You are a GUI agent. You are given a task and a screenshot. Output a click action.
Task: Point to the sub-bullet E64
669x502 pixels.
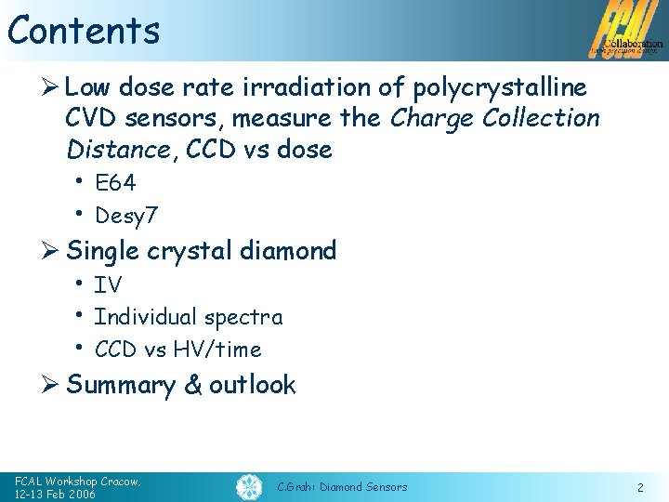pos(115,183)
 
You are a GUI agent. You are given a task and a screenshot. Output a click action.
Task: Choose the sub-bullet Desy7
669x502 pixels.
pos(126,216)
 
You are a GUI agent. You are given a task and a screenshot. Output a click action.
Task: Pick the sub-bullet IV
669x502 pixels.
pos(108,284)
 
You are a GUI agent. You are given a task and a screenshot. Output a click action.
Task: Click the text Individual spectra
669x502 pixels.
pos(189,317)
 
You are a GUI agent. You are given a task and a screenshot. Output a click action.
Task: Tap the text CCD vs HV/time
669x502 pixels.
pos(177,350)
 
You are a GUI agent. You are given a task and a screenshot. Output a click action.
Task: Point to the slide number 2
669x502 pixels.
pos(640,487)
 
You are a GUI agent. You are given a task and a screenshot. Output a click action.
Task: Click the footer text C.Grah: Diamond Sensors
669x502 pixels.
pos(342,487)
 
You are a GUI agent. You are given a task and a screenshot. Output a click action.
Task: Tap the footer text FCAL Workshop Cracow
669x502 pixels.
pos(77,481)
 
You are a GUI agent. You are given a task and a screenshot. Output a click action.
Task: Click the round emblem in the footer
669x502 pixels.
pos(248,486)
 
